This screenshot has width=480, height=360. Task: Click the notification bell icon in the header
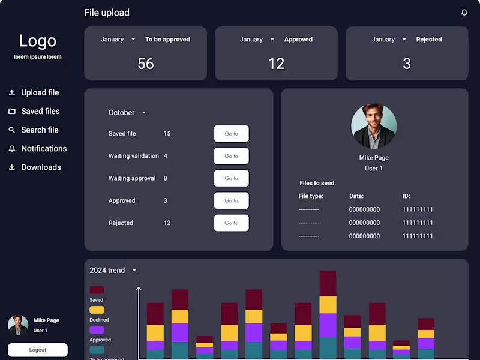[464, 13]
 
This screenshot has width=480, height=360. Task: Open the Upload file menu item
[40, 92]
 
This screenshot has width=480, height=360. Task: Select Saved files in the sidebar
[40, 111]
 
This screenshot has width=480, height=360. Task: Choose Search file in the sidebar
[40, 130]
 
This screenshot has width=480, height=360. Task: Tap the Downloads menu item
[41, 167]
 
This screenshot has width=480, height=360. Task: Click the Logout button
[38, 350]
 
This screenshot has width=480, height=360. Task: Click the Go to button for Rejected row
[231, 223]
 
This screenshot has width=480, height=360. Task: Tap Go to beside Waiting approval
[231, 178]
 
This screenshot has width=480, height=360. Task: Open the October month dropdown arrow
[144, 113]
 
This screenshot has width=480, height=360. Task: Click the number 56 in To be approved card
[146, 64]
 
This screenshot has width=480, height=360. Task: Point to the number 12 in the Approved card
[276, 64]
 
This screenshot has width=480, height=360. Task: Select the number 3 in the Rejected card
[407, 64]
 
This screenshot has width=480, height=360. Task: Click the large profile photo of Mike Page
[374, 127]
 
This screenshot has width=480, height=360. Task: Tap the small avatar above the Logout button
[18, 325]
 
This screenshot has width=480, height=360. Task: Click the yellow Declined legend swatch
[97, 310]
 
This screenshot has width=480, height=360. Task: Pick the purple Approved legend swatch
[97, 330]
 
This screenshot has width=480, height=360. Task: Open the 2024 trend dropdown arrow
[134, 271]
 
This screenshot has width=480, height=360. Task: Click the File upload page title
[107, 13]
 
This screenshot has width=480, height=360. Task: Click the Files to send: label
[317, 183]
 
